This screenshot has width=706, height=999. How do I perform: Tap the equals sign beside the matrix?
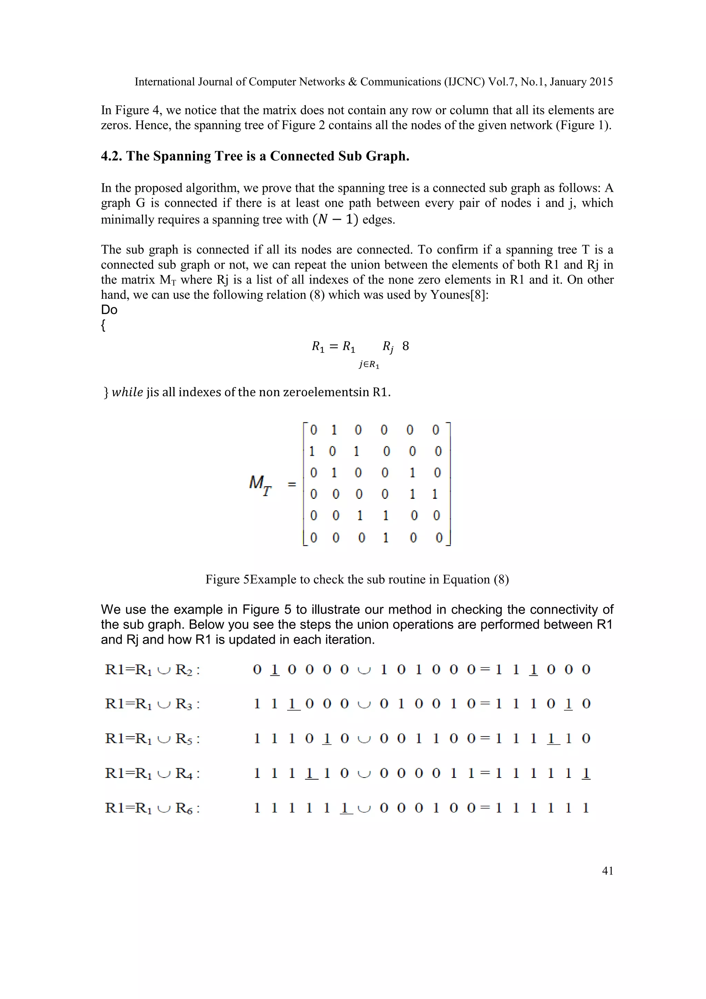pos(292,484)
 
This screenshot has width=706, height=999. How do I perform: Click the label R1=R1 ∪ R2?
pos(152,670)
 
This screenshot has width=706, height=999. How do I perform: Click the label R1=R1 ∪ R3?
pos(152,704)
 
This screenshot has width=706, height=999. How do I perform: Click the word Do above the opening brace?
pos(109,310)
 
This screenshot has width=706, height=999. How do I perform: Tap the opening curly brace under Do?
pos(103,325)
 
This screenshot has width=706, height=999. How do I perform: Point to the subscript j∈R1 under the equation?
pos(369,365)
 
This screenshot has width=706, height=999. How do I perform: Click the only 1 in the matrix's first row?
pos(334,430)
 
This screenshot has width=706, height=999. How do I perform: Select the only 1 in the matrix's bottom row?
pos(385,538)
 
